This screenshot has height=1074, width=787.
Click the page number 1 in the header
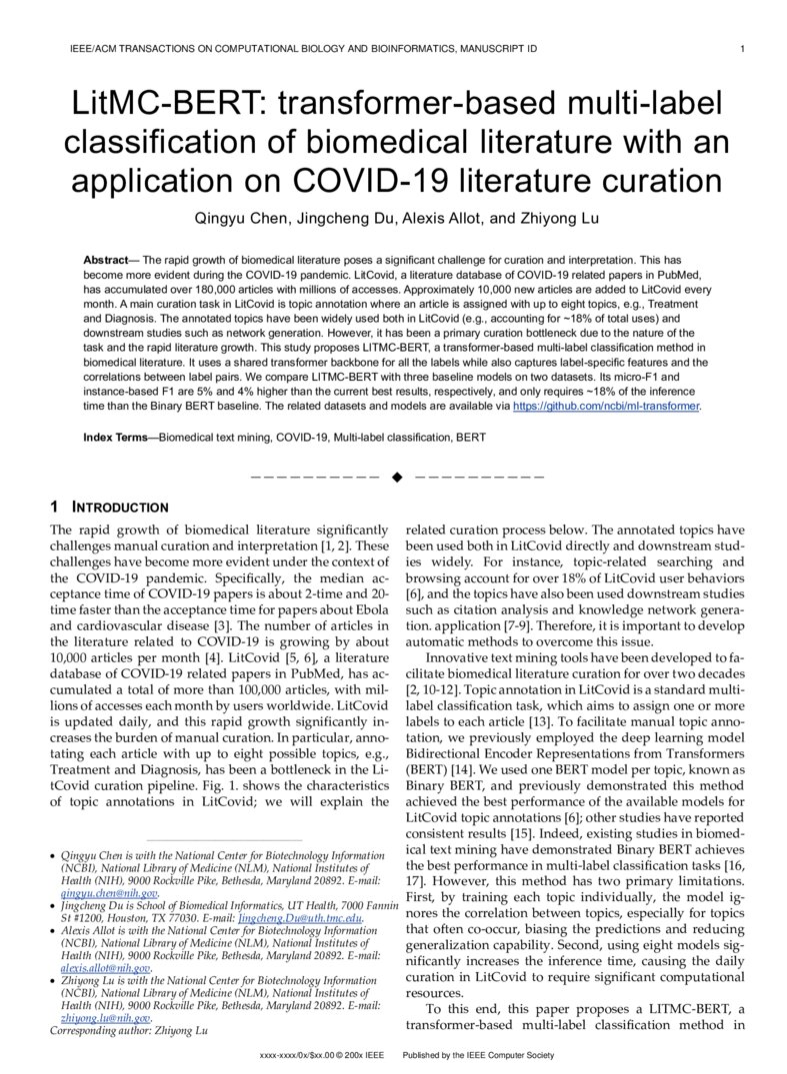click(740, 48)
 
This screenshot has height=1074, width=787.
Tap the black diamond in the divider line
click(396, 478)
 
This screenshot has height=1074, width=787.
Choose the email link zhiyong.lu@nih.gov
click(105, 1017)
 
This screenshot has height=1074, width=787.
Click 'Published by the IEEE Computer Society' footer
click(477, 1055)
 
